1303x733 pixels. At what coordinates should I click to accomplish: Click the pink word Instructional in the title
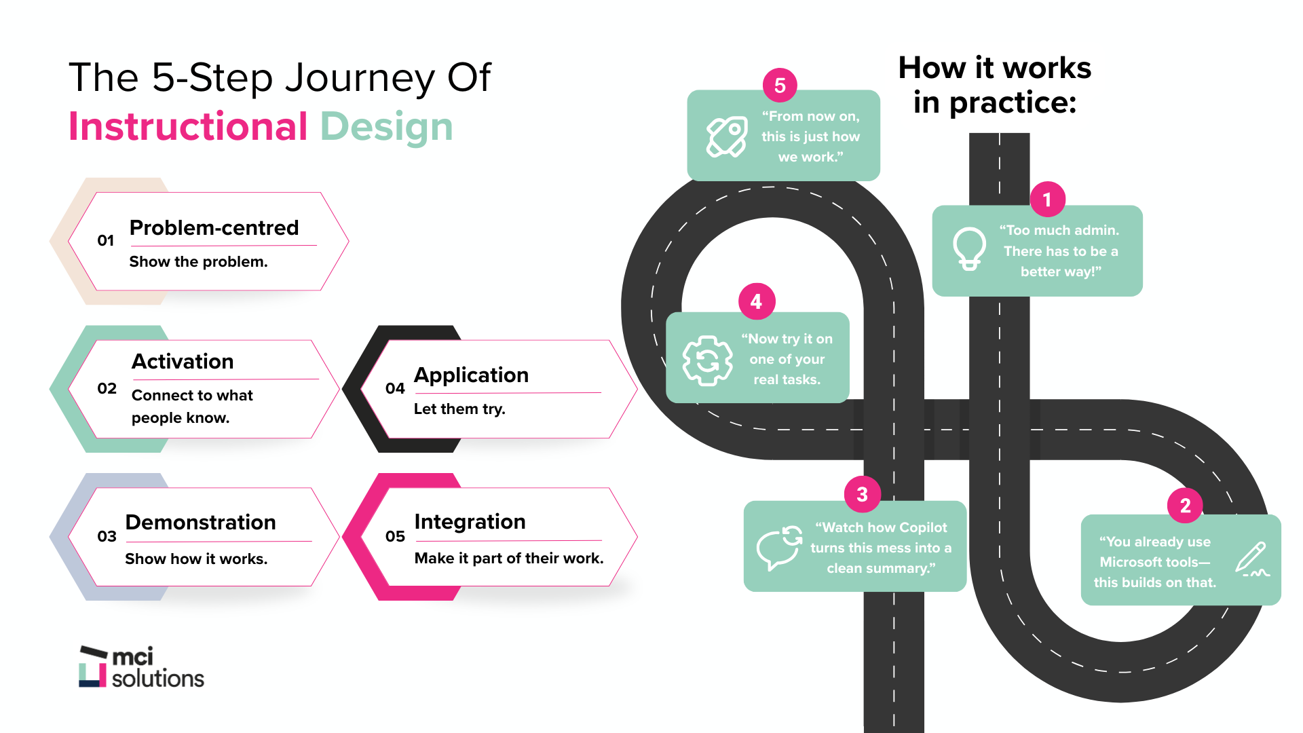click(x=188, y=127)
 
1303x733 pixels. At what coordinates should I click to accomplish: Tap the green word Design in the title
click(x=386, y=127)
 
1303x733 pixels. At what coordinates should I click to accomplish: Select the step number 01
click(x=105, y=241)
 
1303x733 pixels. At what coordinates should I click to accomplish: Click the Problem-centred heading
click(x=214, y=227)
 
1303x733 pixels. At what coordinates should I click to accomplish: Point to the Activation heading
click(x=183, y=361)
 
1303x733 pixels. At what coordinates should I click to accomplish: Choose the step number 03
click(x=107, y=536)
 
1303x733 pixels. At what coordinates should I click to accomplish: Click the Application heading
click(x=471, y=375)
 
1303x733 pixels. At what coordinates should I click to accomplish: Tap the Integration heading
click(x=470, y=521)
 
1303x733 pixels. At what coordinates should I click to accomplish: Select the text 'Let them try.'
click(x=459, y=409)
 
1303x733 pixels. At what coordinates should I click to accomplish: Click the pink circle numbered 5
click(x=780, y=86)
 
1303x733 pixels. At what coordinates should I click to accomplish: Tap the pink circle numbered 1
click(x=1047, y=200)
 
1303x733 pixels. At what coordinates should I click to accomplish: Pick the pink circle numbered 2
click(x=1185, y=506)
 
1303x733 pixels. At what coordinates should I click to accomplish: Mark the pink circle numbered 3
click(x=862, y=494)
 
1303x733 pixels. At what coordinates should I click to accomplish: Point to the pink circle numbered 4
click(x=756, y=301)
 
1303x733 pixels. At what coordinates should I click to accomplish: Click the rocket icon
click(x=726, y=136)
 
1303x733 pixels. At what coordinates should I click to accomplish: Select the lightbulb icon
click(x=969, y=249)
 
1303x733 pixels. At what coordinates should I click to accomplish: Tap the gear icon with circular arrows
click(x=707, y=360)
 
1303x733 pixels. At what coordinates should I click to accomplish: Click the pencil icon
click(x=1251, y=559)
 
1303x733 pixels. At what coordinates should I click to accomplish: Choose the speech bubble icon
click(x=779, y=547)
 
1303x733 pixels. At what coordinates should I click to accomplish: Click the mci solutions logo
click(x=141, y=667)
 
